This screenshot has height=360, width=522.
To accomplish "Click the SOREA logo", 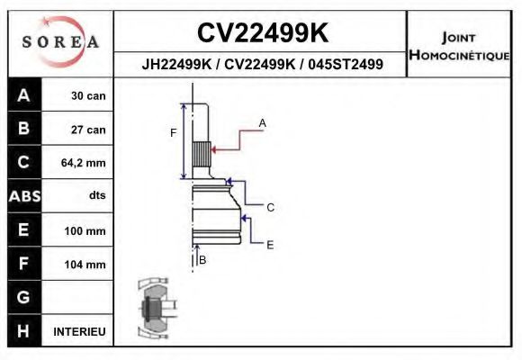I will (60, 42).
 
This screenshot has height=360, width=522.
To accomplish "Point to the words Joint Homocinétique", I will (459, 45).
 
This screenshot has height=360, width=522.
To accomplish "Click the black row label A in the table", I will (23, 95).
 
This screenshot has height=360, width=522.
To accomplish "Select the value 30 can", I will (88, 96).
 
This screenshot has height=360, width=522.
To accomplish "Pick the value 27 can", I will (88, 130).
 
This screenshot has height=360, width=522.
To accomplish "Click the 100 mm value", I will (86, 231).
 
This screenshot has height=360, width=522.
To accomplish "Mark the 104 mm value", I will (86, 265).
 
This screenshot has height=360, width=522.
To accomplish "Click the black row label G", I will (23, 298).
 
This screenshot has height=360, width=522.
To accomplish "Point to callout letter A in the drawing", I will (262, 121).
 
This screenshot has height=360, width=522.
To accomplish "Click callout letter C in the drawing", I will (269, 207).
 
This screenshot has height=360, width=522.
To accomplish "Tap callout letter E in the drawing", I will (269, 244).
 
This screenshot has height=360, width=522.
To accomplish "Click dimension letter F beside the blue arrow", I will (173, 133).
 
